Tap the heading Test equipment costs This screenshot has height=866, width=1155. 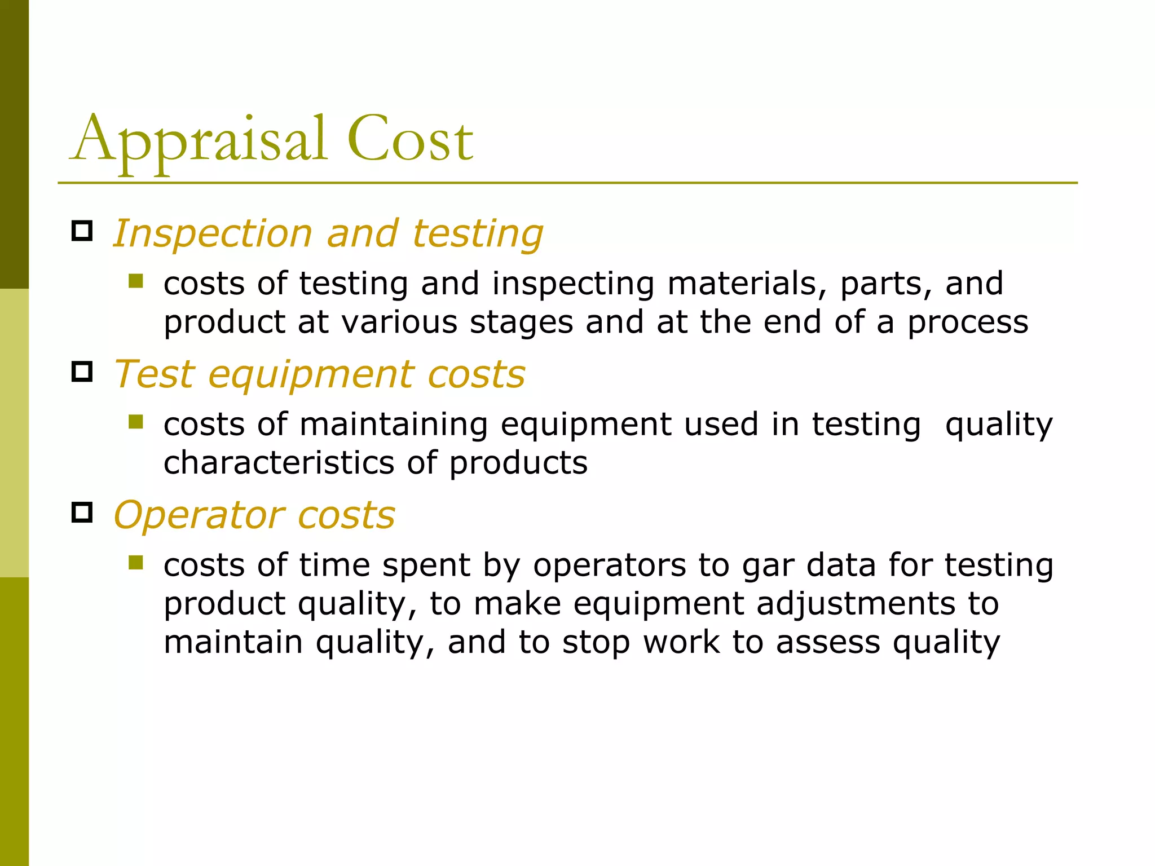pyautogui.click(x=319, y=374)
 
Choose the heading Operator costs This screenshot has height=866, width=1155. pyautogui.click(x=254, y=515)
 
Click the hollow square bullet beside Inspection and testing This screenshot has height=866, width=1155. pyautogui.click(x=82, y=231)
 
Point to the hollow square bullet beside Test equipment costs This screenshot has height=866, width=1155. pyautogui.click(x=82, y=372)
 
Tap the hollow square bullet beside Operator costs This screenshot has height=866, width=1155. pyautogui.click(x=82, y=512)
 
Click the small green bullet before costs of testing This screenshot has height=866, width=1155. pyautogui.click(x=135, y=281)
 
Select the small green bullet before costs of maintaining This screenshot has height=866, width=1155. pyautogui.click(x=135, y=422)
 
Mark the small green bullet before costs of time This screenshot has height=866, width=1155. pyautogui.click(x=135, y=563)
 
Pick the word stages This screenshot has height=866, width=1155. pyautogui.click(x=521, y=322)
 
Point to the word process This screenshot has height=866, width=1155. pyautogui.click(x=968, y=322)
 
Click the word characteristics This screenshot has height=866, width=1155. pyautogui.click(x=279, y=463)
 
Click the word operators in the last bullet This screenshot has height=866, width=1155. pyautogui.click(x=609, y=565)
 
